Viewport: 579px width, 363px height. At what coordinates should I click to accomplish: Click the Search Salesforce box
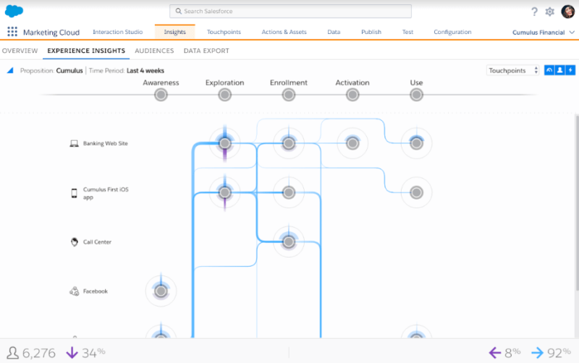pos(290,11)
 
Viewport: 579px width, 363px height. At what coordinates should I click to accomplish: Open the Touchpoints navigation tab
pos(224,32)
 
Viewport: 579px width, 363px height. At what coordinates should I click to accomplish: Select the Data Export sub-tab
pos(206,51)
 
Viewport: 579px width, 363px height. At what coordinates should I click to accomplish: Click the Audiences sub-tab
pos(154,51)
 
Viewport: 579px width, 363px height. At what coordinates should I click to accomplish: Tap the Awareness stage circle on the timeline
pos(161,95)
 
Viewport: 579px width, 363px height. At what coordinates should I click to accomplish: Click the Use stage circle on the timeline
pos(416,95)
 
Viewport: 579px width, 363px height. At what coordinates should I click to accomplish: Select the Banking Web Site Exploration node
pos(224,143)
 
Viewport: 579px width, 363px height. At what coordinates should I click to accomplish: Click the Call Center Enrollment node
pos(288,242)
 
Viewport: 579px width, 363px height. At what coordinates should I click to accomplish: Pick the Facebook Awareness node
pos(161,291)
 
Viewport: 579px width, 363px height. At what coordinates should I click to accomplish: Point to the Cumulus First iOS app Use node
pos(416,192)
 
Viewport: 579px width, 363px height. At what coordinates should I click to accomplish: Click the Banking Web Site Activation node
pos(352,143)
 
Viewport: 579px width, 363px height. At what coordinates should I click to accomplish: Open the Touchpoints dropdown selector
pos(512,70)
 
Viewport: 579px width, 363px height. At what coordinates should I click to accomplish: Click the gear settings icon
pos(549,12)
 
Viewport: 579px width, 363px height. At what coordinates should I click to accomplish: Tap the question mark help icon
pos(534,12)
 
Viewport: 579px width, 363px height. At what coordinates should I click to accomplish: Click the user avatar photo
pos(567,12)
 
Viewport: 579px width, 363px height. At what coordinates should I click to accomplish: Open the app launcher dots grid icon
pos(12,32)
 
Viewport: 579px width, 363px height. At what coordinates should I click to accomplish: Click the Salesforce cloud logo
pos(14,11)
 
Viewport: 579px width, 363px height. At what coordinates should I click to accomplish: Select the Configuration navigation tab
pos(452,32)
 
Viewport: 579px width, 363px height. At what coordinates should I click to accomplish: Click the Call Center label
pos(97,242)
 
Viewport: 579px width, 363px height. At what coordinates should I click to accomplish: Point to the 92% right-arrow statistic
pos(551,353)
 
